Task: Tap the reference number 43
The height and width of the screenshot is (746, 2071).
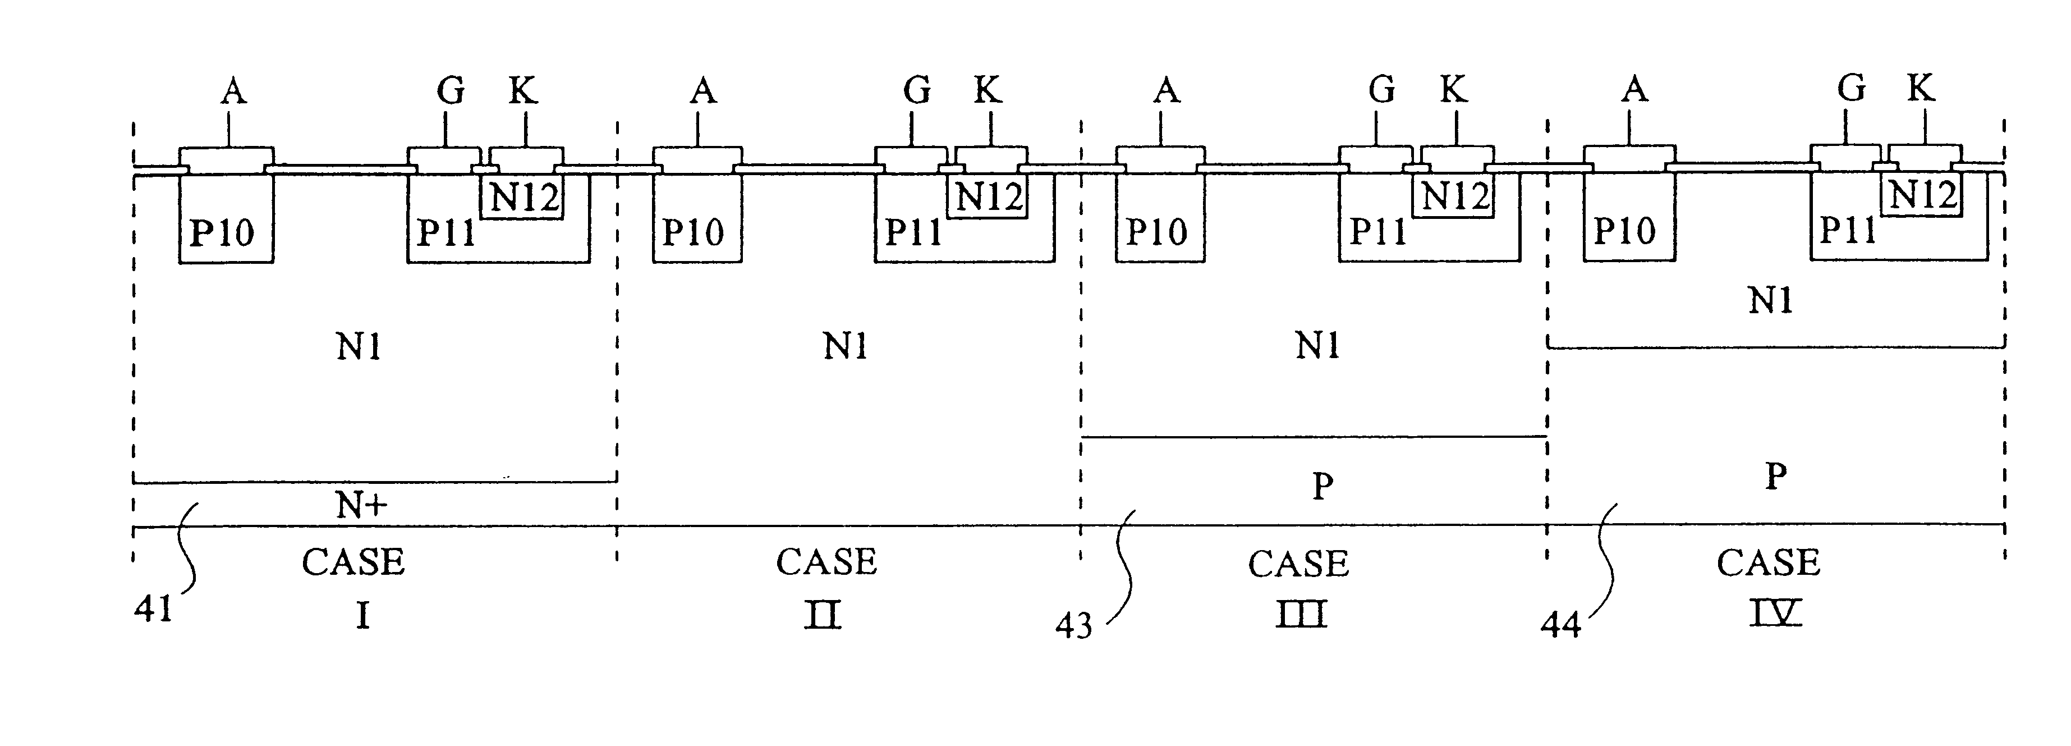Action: (x=1073, y=625)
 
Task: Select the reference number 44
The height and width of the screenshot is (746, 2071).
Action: (x=1560, y=625)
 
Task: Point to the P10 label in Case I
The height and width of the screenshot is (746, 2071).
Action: (x=221, y=233)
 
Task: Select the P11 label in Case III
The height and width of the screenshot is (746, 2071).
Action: (x=1377, y=231)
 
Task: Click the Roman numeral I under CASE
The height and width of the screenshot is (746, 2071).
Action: (x=362, y=616)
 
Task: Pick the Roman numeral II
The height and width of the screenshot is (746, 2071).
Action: (x=823, y=616)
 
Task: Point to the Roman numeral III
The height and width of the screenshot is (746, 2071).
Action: (x=1301, y=616)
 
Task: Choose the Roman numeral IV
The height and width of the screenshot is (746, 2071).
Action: (x=1776, y=614)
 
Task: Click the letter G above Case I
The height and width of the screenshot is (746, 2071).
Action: (x=450, y=91)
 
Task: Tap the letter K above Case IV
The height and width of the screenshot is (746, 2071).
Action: (x=1921, y=89)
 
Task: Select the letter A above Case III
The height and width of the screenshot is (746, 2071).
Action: (x=1166, y=91)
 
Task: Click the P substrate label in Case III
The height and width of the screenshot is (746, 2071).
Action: (x=1322, y=486)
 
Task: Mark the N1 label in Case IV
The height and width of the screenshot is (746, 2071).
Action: (x=1770, y=301)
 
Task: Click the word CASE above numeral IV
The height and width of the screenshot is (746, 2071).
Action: (x=1768, y=562)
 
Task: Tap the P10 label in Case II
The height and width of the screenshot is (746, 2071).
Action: (x=692, y=232)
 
